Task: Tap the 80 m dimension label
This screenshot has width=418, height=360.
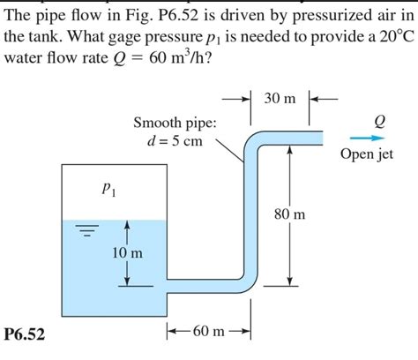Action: click(x=291, y=214)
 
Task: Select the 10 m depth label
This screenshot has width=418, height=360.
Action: click(x=128, y=253)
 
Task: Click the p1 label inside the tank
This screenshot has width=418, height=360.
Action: click(x=108, y=188)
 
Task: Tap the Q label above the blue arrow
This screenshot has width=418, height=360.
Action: click(x=380, y=120)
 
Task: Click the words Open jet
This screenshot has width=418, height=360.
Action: click(x=366, y=155)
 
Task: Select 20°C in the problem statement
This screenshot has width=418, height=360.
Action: click(x=387, y=37)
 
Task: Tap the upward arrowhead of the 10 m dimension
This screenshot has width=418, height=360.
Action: click(x=128, y=226)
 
